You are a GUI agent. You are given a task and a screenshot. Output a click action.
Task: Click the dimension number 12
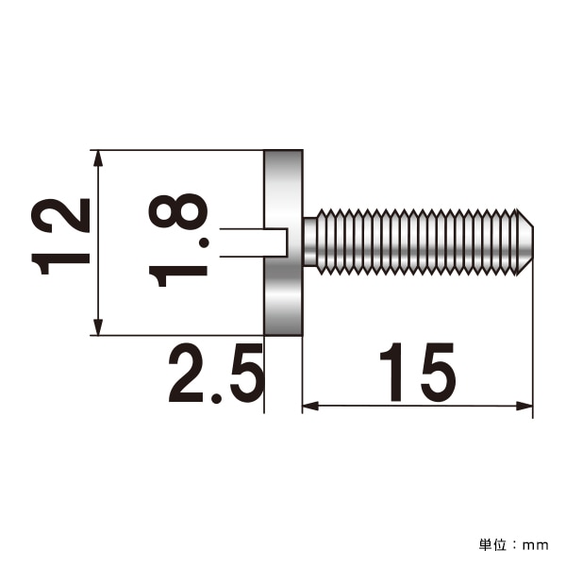[61, 236]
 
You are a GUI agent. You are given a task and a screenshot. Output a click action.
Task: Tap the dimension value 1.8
[179, 241]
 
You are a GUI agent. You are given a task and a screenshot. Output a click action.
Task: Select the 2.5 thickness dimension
[214, 375]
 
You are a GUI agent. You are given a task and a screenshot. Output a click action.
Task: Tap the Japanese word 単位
[493, 545]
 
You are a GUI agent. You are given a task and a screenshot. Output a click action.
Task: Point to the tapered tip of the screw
[526, 242]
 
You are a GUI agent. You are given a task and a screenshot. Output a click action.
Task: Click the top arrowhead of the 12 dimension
[98, 158]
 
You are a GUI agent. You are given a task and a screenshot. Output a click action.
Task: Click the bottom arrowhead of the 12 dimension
[98, 327]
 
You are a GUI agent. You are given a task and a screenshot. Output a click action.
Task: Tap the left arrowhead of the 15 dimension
[310, 407]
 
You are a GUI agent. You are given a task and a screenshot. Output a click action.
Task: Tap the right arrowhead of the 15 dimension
[525, 407]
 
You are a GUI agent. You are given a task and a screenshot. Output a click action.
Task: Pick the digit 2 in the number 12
[61, 215]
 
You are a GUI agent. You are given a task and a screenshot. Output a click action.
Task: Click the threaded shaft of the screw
[415, 242]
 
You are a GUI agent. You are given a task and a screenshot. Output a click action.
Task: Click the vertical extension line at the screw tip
[533, 330]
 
